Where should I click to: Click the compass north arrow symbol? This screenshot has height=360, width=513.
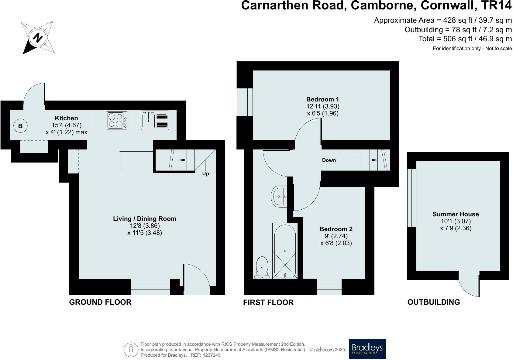[x=38, y=38]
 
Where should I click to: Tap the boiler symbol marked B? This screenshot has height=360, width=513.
[x=20, y=126]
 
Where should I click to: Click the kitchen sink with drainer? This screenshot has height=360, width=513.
[x=155, y=120]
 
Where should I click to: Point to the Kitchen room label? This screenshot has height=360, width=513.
[x=66, y=118]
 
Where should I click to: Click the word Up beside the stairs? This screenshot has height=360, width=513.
[x=205, y=174]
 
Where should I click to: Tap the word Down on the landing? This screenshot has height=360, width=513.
[x=329, y=160]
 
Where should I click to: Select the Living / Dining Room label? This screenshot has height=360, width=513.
[x=145, y=219]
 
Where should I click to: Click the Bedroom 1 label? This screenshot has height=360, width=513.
[x=322, y=99]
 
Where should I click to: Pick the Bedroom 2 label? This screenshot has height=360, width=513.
[x=336, y=229]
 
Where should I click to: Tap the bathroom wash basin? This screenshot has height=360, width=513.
[x=279, y=197]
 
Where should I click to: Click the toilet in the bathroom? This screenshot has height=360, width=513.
[x=262, y=267]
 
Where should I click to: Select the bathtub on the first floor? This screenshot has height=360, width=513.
[x=285, y=251]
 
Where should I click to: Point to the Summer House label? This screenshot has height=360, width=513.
[x=456, y=214]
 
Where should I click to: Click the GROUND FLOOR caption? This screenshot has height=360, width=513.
[x=100, y=302]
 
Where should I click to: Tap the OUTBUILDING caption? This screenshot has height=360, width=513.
[x=433, y=302]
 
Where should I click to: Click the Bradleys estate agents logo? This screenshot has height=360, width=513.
[x=367, y=349]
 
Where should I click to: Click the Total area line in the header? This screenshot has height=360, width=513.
[x=465, y=39]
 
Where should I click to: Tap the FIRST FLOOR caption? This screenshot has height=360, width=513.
[x=268, y=302]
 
